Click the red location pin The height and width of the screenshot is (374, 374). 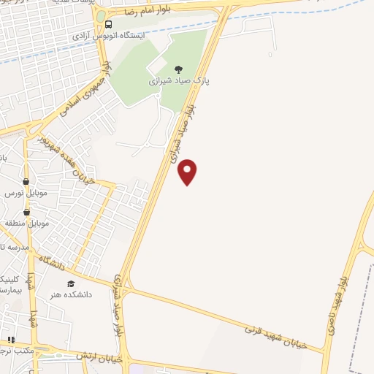pyautogui.click(x=188, y=171)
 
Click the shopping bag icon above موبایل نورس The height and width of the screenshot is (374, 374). pyautogui.click(x=26, y=182)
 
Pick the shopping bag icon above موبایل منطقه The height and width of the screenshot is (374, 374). pyautogui.click(x=26, y=212)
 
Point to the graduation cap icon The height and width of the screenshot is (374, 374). pyautogui.click(x=71, y=283)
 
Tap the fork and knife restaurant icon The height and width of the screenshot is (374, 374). pyautogui.click(x=11, y=340)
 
